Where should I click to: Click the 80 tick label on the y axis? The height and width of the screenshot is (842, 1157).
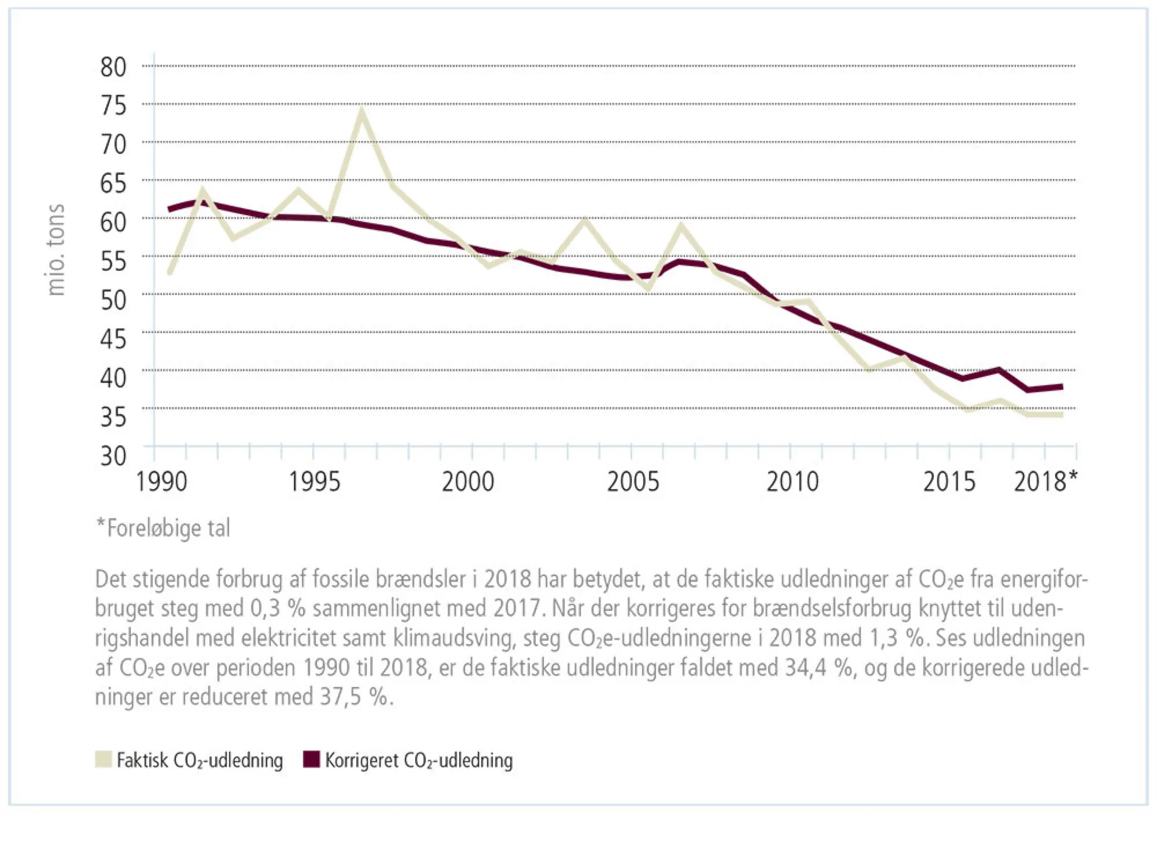pos(113,67)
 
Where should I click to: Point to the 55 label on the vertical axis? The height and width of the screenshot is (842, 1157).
pos(113,261)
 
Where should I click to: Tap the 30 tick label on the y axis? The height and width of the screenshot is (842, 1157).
pos(113,456)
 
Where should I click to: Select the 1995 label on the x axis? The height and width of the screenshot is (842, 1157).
pos(314,482)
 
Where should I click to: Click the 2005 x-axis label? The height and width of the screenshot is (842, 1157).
pos(633,482)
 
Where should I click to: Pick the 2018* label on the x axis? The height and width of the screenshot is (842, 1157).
pos(1045,482)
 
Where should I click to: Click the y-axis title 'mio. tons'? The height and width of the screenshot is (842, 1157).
pos(56,250)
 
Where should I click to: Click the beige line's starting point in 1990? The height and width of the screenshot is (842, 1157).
pos(170,272)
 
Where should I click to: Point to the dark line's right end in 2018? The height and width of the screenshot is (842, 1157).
pos(1062,386)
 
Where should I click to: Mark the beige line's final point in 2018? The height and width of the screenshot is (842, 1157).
pos(1062,415)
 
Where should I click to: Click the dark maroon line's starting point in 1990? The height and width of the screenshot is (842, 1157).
pos(170,209)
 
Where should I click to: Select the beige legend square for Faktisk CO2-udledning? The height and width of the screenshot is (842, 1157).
pos(103,759)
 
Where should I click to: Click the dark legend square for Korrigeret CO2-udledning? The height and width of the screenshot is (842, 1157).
pos(312,759)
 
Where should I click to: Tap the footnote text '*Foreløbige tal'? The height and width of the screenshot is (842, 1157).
pos(163,528)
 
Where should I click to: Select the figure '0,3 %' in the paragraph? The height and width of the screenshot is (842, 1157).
pos(277,608)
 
